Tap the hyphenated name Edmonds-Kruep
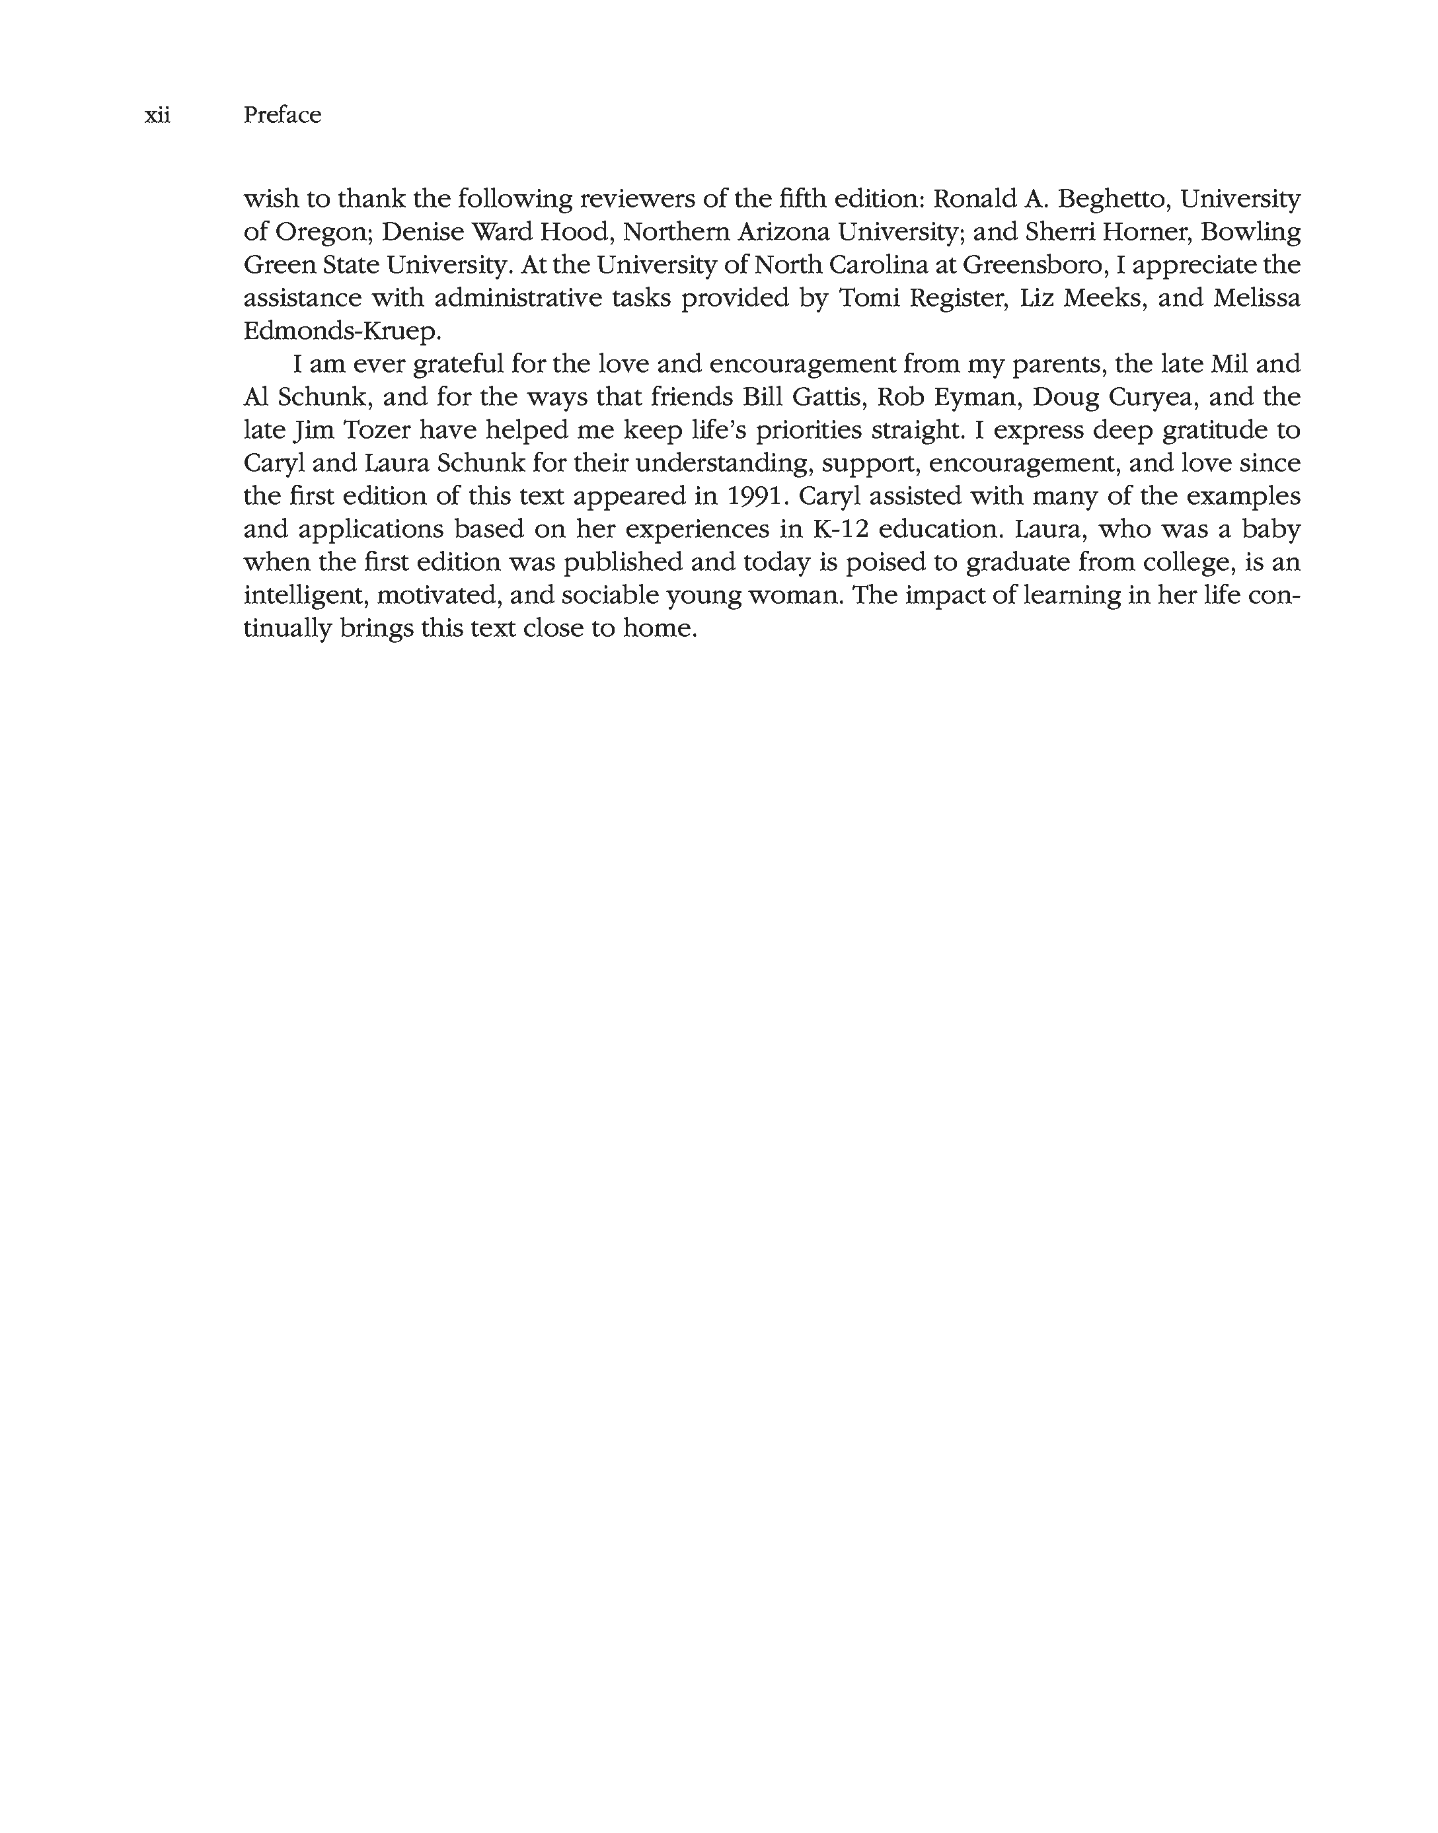point(341,332)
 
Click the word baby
point(1271,529)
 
